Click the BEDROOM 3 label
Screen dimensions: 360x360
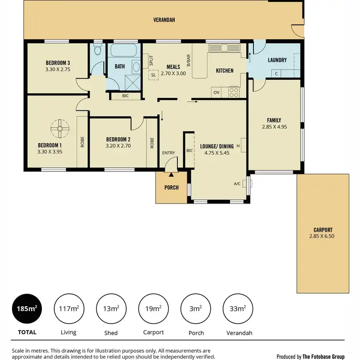tap(58, 63)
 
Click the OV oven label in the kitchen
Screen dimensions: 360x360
tap(216, 92)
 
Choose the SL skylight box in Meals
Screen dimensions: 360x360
tap(154, 75)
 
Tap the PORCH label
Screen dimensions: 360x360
tap(171, 188)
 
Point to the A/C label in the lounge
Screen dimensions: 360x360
tap(237, 183)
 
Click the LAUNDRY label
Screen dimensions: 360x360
tap(277, 60)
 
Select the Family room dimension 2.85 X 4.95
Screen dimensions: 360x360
tap(274, 127)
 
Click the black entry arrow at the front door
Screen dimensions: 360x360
tap(171, 167)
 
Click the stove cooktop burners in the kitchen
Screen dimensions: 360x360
tap(234, 91)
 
